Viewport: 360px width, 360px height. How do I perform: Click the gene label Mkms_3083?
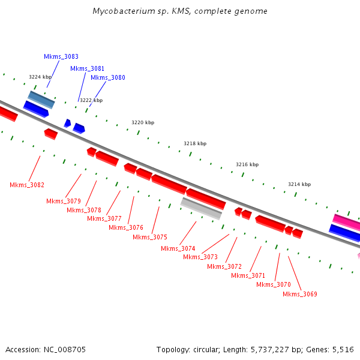[61, 56]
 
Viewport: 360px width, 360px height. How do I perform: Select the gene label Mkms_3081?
[87, 68]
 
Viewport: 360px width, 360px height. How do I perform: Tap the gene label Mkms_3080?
[108, 77]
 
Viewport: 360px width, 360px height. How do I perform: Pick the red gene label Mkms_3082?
[27, 185]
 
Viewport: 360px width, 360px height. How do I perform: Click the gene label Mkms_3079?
[64, 201]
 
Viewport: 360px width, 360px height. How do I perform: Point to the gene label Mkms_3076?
[126, 227]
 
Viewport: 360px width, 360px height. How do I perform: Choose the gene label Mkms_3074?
[178, 248]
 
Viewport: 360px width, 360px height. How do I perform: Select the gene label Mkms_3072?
[224, 266]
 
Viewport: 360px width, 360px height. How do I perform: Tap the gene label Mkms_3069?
[300, 294]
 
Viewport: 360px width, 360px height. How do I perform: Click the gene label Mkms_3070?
[274, 284]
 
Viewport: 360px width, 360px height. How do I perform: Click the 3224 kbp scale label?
[40, 77]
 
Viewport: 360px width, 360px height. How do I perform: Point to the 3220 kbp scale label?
[143, 122]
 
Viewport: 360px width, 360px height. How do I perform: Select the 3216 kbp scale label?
[247, 164]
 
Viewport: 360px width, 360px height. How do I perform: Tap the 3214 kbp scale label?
[299, 184]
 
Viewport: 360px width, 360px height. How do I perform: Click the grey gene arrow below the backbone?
[202, 208]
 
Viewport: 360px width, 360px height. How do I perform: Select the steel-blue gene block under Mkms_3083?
[41, 100]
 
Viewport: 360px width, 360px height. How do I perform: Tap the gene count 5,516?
[342, 349]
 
